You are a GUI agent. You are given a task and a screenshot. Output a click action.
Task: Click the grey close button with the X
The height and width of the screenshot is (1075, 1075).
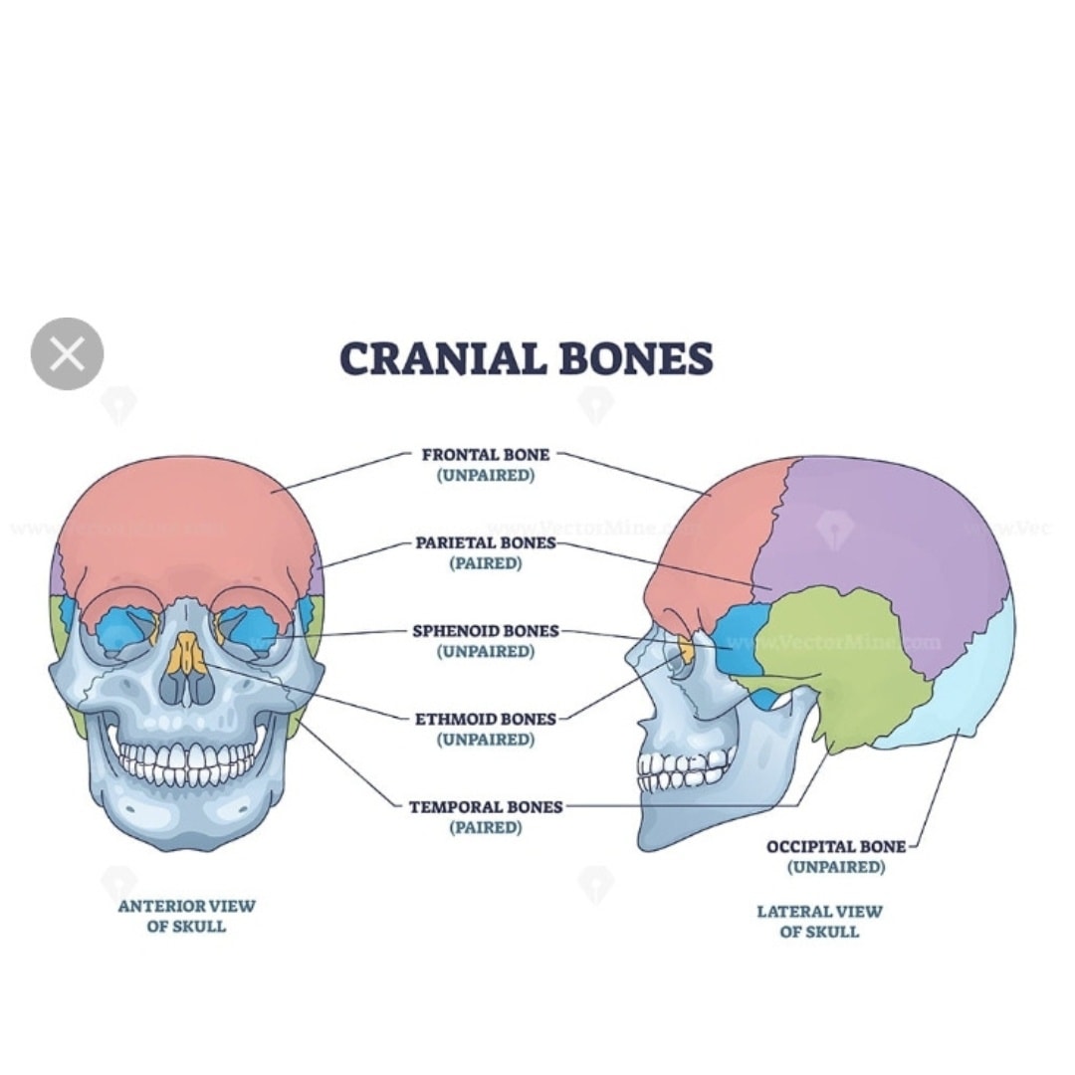68,353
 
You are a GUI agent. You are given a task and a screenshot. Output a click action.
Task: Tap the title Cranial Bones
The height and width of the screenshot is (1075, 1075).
527,358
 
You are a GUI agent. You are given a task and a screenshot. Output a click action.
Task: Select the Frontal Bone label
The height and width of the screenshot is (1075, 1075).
486,464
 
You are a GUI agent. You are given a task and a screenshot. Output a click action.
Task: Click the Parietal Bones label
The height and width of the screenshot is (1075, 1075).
486,552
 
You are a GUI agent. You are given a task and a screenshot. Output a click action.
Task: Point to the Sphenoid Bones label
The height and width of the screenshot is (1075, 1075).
486,640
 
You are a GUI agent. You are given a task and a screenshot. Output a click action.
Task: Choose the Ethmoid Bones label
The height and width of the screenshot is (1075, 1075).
486,729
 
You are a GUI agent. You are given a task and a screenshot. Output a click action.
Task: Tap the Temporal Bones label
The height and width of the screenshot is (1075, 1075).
486,816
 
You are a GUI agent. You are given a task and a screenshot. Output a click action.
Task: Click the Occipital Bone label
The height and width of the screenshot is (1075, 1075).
836,856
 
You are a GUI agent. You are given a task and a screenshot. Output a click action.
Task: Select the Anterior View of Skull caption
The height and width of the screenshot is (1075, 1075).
186,916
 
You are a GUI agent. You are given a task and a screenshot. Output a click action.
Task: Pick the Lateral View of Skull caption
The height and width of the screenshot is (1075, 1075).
819,922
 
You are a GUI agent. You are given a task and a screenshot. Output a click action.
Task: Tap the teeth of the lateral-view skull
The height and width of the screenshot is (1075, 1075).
682,770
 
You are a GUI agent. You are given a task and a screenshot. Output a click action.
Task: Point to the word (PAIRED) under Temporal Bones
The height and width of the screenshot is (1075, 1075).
486,827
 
